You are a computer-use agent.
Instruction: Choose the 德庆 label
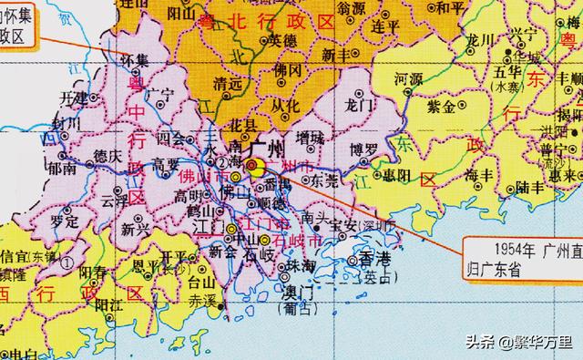point(110,157)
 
